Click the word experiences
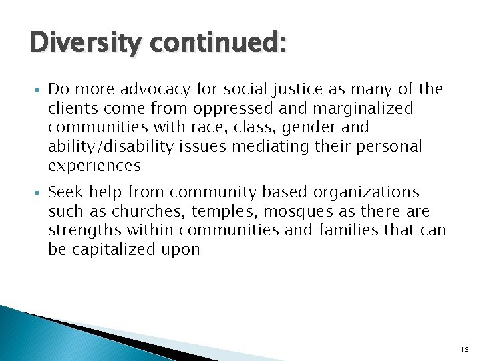[94, 164]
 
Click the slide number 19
[464, 349]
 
